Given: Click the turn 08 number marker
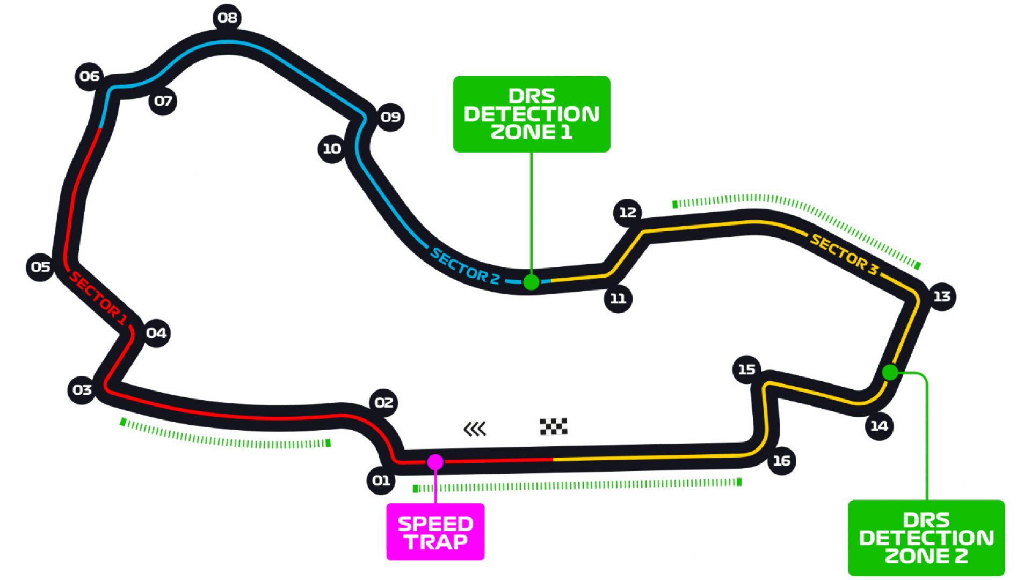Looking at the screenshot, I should pyautogui.click(x=227, y=18).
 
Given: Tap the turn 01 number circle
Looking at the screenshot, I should pyautogui.click(x=381, y=480).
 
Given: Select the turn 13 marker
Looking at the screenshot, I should pyautogui.click(x=942, y=296).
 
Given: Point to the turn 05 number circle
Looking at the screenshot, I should pyautogui.click(x=40, y=267).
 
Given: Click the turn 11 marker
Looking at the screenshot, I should pyautogui.click(x=618, y=299).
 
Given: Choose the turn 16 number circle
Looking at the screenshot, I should pyautogui.click(x=781, y=461).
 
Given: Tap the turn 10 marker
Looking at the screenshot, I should pyautogui.click(x=332, y=149).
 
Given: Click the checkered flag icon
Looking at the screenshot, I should pyautogui.click(x=554, y=426).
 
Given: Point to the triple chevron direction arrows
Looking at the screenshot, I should pyautogui.click(x=475, y=429).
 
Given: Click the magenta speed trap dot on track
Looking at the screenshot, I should pyautogui.click(x=435, y=462).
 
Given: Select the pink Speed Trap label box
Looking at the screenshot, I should pyautogui.click(x=435, y=532).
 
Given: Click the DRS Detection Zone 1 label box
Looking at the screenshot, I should pyautogui.click(x=532, y=114).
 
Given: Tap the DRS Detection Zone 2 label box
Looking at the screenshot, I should pyautogui.click(x=926, y=538).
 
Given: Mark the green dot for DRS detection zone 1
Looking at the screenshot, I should pyautogui.click(x=531, y=282).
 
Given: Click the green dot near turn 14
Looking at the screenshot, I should pyautogui.click(x=890, y=372).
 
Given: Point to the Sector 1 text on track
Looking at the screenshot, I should pyautogui.click(x=98, y=298).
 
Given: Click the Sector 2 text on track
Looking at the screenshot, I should pyautogui.click(x=465, y=266).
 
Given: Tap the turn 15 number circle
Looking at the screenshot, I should pyautogui.click(x=746, y=369).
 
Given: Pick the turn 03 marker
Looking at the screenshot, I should pyautogui.click(x=82, y=390).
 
